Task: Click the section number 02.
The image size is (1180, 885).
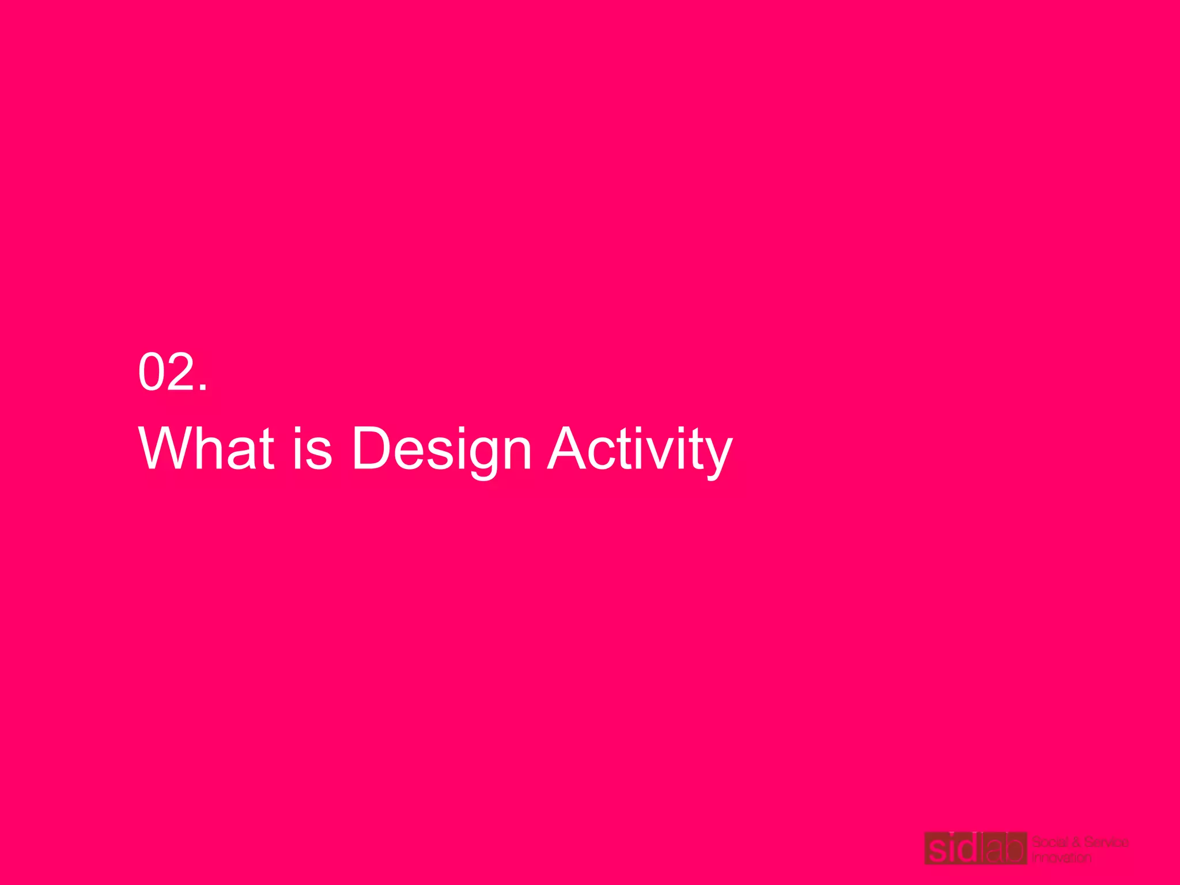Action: pyautogui.click(x=172, y=372)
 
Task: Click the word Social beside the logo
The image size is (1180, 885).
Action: pyautogui.click(x=1049, y=842)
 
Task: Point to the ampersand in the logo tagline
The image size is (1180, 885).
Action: pyautogui.click(x=1076, y=842)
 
